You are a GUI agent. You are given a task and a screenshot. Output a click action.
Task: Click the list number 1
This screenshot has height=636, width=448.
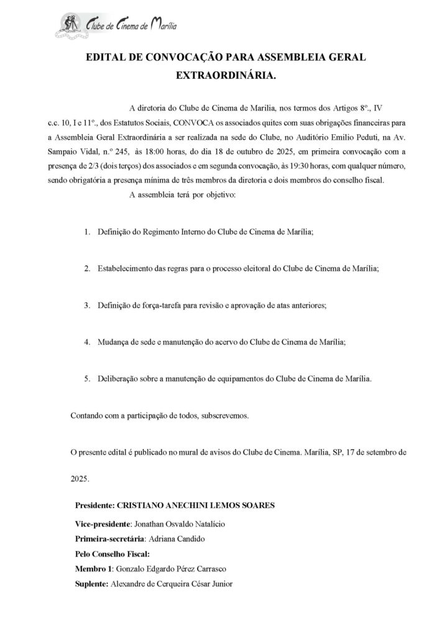[x=87, y=232]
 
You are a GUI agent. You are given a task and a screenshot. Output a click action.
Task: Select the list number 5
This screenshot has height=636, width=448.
[x=87, y=378]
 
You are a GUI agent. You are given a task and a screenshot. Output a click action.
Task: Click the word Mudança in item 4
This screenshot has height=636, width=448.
[x=113, y=342]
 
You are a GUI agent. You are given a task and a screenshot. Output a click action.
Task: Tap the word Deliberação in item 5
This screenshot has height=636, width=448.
[x=119, y=378]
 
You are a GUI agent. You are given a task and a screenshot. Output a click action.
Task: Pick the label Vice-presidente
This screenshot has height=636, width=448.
[x=103, y=525]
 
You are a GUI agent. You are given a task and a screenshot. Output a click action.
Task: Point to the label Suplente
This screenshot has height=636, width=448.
[x=91, y=582]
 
